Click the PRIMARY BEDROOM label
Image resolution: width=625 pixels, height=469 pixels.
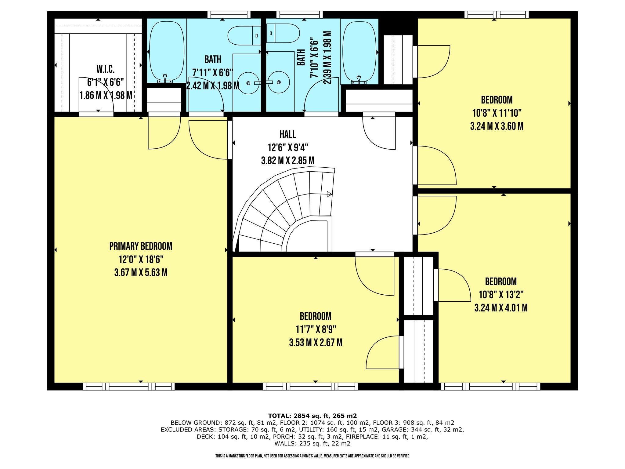(x=141, y=246)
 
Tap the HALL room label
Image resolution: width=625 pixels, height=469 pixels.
(x=288, y=134)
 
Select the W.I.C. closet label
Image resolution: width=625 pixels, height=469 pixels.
(x=106, y=69)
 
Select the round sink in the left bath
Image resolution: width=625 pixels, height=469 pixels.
(x=248, y=83)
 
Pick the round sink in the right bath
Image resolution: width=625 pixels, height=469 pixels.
(x=279, y=82)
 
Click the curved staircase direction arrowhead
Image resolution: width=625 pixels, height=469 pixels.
(x=330, y=194)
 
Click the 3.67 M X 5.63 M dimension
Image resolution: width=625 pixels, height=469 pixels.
(x=141, y=272)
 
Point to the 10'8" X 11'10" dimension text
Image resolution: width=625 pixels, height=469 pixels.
(x=497, y=113)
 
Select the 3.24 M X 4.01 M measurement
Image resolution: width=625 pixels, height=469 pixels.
(x=501, y=308)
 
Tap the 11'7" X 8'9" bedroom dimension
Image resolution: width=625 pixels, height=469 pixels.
(x=316, y=329)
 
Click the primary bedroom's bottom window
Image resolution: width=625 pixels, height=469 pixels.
(x=129, y=387)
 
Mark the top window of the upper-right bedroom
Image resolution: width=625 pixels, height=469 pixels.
(x=497, y=14)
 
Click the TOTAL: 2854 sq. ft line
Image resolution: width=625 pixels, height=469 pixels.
(x=312, y=416)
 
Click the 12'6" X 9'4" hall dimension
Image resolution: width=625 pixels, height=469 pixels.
(x=288, y=148)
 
